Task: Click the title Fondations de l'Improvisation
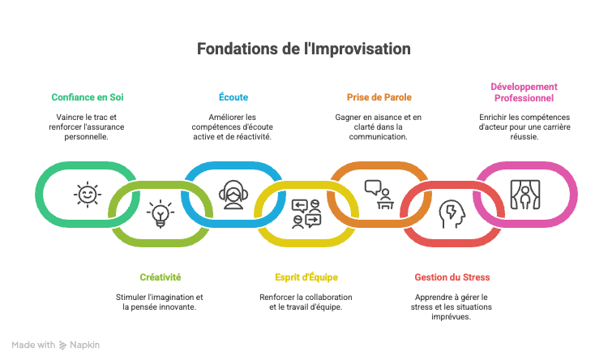pyautogui.click(x=304, y=49)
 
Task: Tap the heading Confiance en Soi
pyautogui.click(x=88, y=97)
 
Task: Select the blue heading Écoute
pyautogui.click(x=233, y=97)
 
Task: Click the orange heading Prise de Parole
pyautogui.click(x=379, y=97)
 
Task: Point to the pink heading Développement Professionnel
pyautogui.click(x=524, y=92)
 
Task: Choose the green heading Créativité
pyautogui.click(x=161, y=277)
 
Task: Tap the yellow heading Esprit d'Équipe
pyautogui.click(x=306, y=277)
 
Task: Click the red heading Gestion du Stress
pyautogui.click(x=452, y=277)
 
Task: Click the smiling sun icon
pyautogui.click(x=88, y=195)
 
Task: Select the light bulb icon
pyautogui.click(x=161, y=213)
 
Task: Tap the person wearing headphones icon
pyautogui.click(x=233, y=195)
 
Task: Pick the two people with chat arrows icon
pyautogui.click(x=306, y=213)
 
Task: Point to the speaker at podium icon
pyautogui.click(x=379, y=195)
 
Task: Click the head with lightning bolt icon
pyautogui.click(x=452, y=214)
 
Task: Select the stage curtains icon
pyautogui.click(x=525, y=195)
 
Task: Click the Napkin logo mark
pyautogui.click(x=62, y=345)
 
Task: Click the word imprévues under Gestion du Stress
pyautogui.click(x=451, y=316)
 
